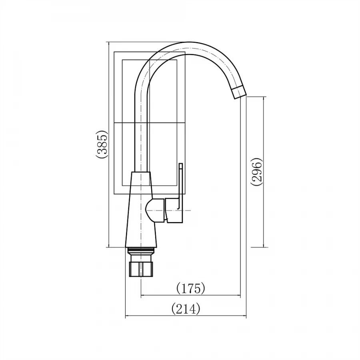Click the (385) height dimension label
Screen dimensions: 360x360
coord(102,144)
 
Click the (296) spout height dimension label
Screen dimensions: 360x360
coord(257,172)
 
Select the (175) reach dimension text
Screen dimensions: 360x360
coord(190,288)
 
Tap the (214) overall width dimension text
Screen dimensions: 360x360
coord(186,308)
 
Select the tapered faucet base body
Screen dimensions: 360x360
coord(141,212)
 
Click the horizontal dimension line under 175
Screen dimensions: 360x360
coord(190,296)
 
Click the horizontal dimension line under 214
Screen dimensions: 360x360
coord(186,317)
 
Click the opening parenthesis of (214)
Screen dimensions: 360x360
coord(173,309)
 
